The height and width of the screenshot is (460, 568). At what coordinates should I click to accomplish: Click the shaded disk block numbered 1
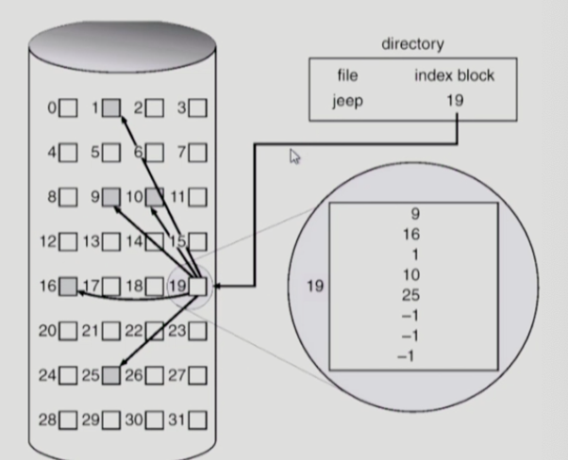point(110,108)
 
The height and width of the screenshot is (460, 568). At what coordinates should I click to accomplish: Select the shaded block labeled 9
point(110,197)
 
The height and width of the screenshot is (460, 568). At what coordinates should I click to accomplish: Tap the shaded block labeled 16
point(68,286)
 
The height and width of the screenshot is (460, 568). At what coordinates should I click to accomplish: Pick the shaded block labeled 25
point(110,375)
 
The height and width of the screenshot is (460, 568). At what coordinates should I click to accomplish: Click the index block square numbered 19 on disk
point(198,286)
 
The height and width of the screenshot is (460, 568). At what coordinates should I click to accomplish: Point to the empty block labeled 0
point(68,108)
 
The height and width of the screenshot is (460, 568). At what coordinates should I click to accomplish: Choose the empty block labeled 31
point(198,419)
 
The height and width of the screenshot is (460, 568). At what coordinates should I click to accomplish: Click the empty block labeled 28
point(68,419)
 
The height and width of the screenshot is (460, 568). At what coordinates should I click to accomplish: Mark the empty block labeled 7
point(198,152)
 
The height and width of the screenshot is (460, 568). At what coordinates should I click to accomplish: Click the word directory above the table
point(412,44)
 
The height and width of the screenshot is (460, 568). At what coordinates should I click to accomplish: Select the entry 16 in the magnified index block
point(412,235)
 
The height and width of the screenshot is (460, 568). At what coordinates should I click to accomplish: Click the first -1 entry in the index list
point(408,316)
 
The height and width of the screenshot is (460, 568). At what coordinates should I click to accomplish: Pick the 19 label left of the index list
point(313,284)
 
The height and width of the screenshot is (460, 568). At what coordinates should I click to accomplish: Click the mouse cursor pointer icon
point(294,157)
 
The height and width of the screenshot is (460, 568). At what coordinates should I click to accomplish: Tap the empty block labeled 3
point(198,108)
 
